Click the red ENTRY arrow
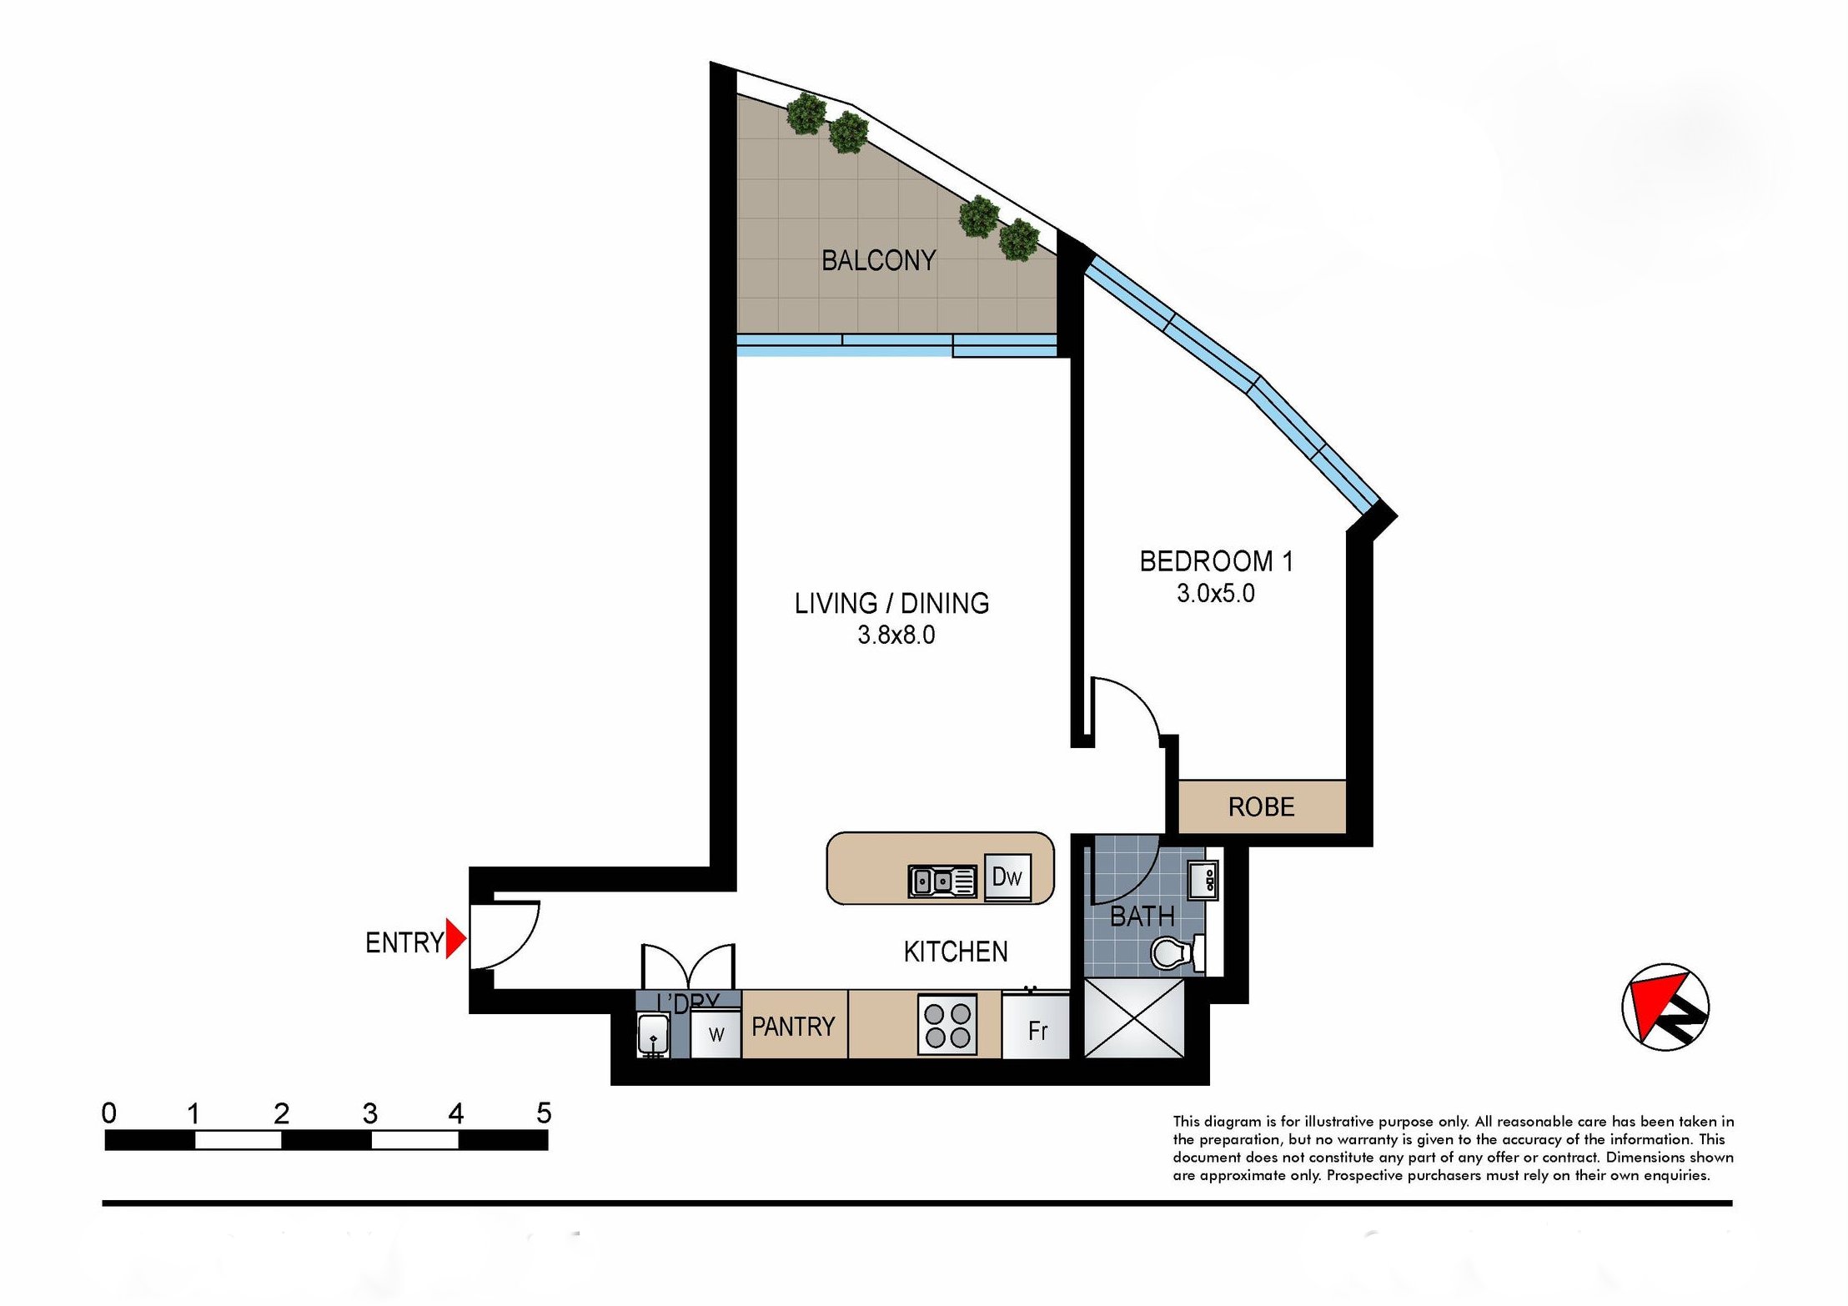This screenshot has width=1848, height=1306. [x=455, y=938]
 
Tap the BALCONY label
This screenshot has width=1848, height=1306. [x=878, y=261]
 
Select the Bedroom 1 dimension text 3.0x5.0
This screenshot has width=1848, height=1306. [x=1215, y=593]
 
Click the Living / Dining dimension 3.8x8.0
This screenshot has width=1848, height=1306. [x=896, y=635]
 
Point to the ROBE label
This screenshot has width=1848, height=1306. [x=1261, y=806]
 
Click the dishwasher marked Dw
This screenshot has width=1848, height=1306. [x=1007, y=877]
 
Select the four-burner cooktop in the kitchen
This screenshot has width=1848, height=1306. [x=947, y=1025]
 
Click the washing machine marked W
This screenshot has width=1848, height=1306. [x=716, y=1033]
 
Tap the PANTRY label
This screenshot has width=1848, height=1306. [x=793, y=1026]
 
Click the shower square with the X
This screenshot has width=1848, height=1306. [x=1134, y=1018]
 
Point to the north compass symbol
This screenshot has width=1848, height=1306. [x=1665, y=1007]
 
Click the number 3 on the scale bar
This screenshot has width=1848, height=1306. [x=370, y=1113]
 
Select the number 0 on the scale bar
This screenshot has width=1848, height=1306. [x=109, y=1113]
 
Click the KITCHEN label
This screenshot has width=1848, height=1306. [x=956, y=952]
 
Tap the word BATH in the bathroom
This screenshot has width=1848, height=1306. [x=1142, y=917]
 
